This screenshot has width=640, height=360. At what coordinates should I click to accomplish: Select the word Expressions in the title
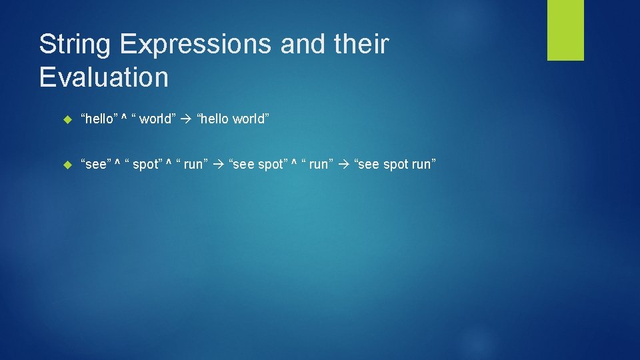tap(196, 45)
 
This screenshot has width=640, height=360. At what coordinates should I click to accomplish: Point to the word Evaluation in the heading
tap(103, 77)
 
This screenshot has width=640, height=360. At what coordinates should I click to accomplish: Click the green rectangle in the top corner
tap(565, 30)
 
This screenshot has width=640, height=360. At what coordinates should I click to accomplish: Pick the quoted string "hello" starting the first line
tap(99, 119)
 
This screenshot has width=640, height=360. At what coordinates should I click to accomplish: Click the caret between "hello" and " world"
tap(126, 119)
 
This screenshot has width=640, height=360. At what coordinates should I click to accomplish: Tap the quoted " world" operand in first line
tap(154, 119)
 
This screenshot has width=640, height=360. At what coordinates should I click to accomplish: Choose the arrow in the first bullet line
tap(186, 119)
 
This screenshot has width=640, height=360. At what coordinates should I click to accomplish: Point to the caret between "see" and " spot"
tap(117, 164)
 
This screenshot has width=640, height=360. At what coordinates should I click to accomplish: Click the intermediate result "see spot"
tap(258, 165)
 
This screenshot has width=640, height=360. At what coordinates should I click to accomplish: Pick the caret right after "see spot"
tap(295, 164)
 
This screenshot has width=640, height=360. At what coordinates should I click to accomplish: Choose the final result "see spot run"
tap(395, 165)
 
